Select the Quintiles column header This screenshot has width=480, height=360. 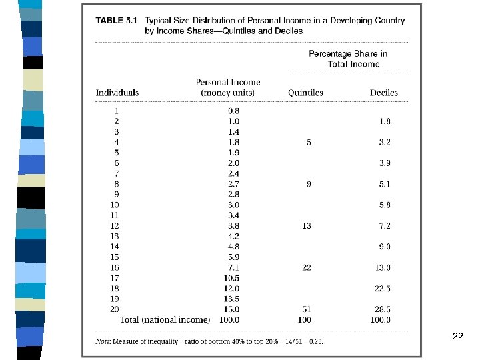pos(305,93)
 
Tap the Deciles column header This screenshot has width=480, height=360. pos(384,93)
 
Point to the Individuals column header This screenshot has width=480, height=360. pos(117,93)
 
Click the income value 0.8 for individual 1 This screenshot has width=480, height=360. pos(233,111)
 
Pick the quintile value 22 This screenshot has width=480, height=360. pos(307,267)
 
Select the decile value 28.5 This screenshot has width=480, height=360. pos(382,309)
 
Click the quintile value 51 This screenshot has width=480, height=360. pos(307,309)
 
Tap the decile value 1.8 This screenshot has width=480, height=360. pos(384,121)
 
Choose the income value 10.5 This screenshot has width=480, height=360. pos(231,278)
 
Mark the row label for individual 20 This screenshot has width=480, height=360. pos(115,309)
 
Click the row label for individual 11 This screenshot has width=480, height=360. pos(115,215)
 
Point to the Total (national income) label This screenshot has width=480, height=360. pos(165,320)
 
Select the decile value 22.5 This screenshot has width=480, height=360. pos(382,289)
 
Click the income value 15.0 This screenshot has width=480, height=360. pos(231,309)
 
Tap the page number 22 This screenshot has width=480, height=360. pos(457,336)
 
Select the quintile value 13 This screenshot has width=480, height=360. pos(307,226)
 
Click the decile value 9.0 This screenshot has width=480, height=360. pos(384,247)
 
